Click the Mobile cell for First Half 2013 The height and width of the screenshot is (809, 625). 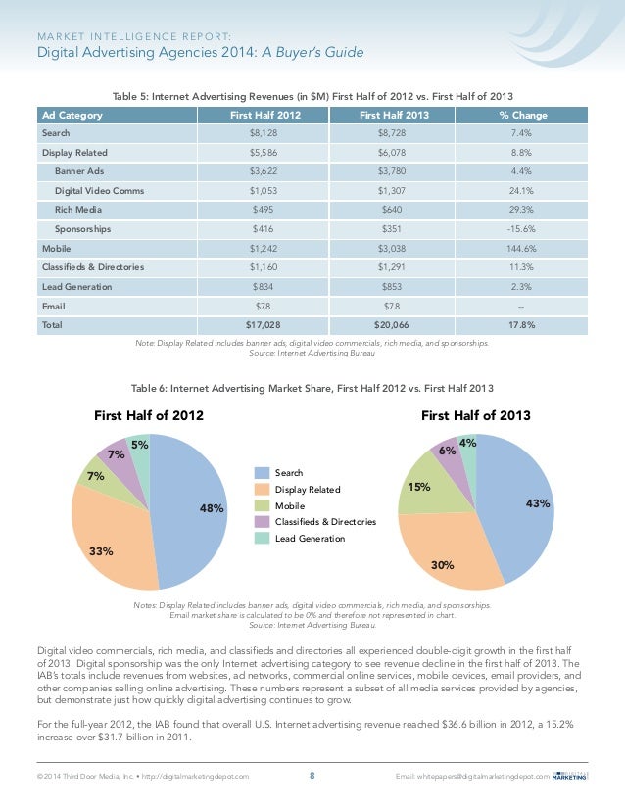(x=392, y=249)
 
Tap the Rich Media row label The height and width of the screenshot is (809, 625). (x=78, y=210)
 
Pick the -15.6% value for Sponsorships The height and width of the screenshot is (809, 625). (x=521, y=229)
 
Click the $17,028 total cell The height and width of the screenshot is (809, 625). (x=263, y=325)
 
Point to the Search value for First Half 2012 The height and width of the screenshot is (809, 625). (x=264, y=133)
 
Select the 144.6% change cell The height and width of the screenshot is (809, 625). (x=521, y=249)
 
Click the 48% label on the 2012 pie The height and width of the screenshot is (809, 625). (x=212, y=508)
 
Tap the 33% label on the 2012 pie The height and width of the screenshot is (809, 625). (x=101, y=551)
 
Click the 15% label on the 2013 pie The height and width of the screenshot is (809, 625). (x=419, y=487)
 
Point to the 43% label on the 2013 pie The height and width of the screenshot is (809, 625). (x=538, y=503)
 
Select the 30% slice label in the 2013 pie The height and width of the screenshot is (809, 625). (x=442, y=565)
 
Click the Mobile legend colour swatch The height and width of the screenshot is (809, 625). (x=263, y=505)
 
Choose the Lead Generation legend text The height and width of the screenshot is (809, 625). (x=310, y=539)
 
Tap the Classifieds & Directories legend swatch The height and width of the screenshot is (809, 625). (x=263, y=522)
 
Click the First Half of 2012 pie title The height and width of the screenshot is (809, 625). (x=149, y=416)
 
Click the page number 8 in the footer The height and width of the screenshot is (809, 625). (x=312, y=776)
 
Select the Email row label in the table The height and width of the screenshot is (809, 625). (x=54, y=307)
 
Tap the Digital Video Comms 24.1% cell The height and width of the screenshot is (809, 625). (x=521, y=191)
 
